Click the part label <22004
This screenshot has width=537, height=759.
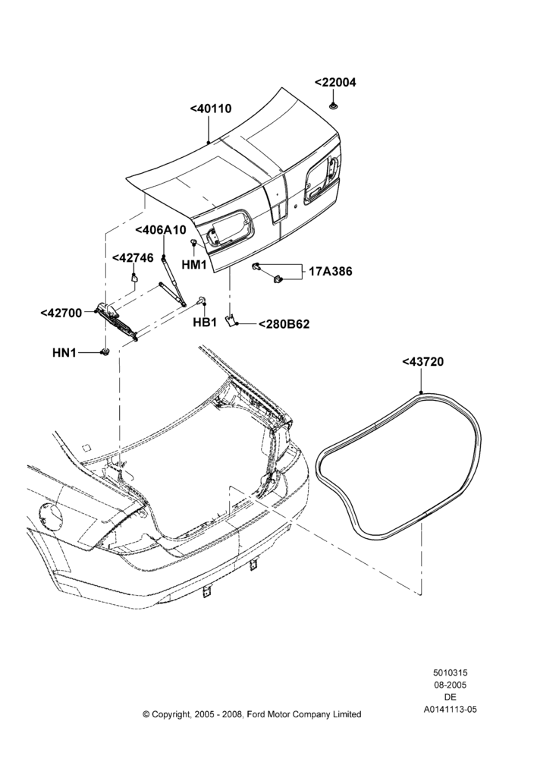[x=335, y=82]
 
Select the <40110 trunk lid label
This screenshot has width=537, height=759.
[x=211, y=109]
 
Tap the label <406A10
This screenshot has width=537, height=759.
[x=161, y=230]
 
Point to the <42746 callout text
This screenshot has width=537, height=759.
[x=133, y=258]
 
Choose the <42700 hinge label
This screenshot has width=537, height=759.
[x=61, y=313]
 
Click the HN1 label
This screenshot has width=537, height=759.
[x=64, y=353]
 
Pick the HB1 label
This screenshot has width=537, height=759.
[x=205, y=323]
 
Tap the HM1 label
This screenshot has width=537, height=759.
[x=194, y=265]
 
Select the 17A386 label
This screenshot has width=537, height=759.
[x=331, y=272]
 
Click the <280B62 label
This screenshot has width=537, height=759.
[x=284, y=324]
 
